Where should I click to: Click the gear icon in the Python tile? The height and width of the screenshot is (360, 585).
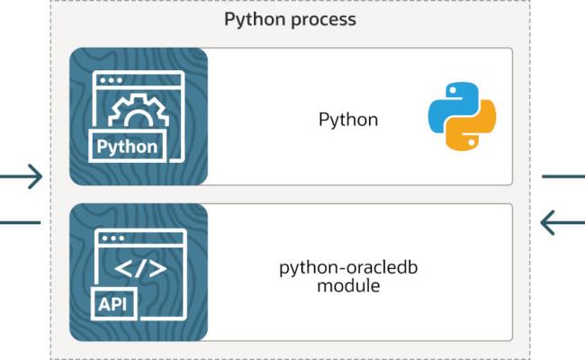point(139,111)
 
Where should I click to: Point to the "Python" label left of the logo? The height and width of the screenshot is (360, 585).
point(348,120)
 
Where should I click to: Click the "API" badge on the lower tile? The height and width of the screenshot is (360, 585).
point(113,303)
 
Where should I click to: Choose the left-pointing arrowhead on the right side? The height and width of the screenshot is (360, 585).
point(549,222)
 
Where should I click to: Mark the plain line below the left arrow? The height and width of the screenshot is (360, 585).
point(20,222)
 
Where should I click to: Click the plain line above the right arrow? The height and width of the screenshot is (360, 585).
point(563,176)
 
